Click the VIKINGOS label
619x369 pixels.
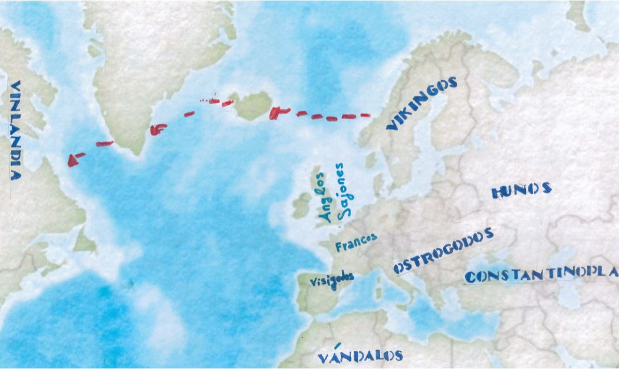(422, 103)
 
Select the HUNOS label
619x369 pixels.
(521, 191)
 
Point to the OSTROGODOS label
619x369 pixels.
(443, 251)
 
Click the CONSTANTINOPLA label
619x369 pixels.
(541, 274)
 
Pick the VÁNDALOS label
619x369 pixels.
(360, 355)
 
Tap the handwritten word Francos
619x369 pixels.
(356, 243)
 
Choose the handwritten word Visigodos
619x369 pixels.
(331, 279)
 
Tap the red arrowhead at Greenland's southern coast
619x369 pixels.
(157, 129)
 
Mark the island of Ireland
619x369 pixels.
(302, 205)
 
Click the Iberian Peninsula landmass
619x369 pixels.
(317, 294)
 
